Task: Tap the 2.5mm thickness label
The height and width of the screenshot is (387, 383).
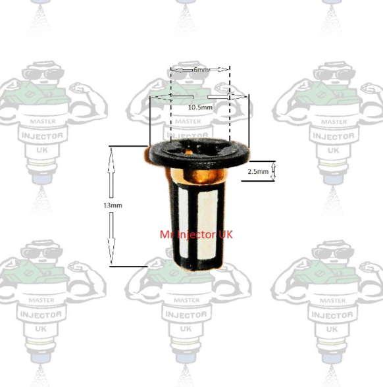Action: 258,172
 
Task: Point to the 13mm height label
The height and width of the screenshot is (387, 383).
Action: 113,205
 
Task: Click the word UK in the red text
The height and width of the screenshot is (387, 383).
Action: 224,234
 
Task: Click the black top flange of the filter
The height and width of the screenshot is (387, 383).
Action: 197,153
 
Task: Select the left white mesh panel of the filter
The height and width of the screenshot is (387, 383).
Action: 184,220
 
